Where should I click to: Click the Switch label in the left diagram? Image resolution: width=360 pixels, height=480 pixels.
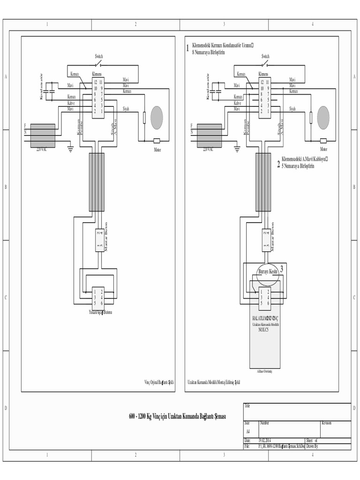[x=99, y=56]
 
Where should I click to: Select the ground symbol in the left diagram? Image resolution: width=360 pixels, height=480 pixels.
[x=71, y=149]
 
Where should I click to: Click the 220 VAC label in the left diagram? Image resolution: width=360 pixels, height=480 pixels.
[x=42, y=150]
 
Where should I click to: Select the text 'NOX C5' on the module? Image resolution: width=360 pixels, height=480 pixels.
[x=264, y=330]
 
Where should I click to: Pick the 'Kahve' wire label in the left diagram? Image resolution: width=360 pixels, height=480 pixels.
[x=71, y=103]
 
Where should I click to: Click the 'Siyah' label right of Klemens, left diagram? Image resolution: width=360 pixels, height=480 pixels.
[x=126, y=109]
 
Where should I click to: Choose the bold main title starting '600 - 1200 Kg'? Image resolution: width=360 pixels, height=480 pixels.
[x=177, y=417]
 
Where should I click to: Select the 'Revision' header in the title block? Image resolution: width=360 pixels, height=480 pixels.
[x=327, y=423]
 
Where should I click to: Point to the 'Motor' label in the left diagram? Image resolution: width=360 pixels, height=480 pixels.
[x=157, y=150]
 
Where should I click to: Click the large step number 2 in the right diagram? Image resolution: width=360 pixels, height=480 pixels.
[x=278, y=165]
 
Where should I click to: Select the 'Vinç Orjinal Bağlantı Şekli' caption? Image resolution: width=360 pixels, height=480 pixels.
[x=159, y=382]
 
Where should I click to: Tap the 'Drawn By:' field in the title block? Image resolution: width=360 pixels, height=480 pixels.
[x=313, y=447]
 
